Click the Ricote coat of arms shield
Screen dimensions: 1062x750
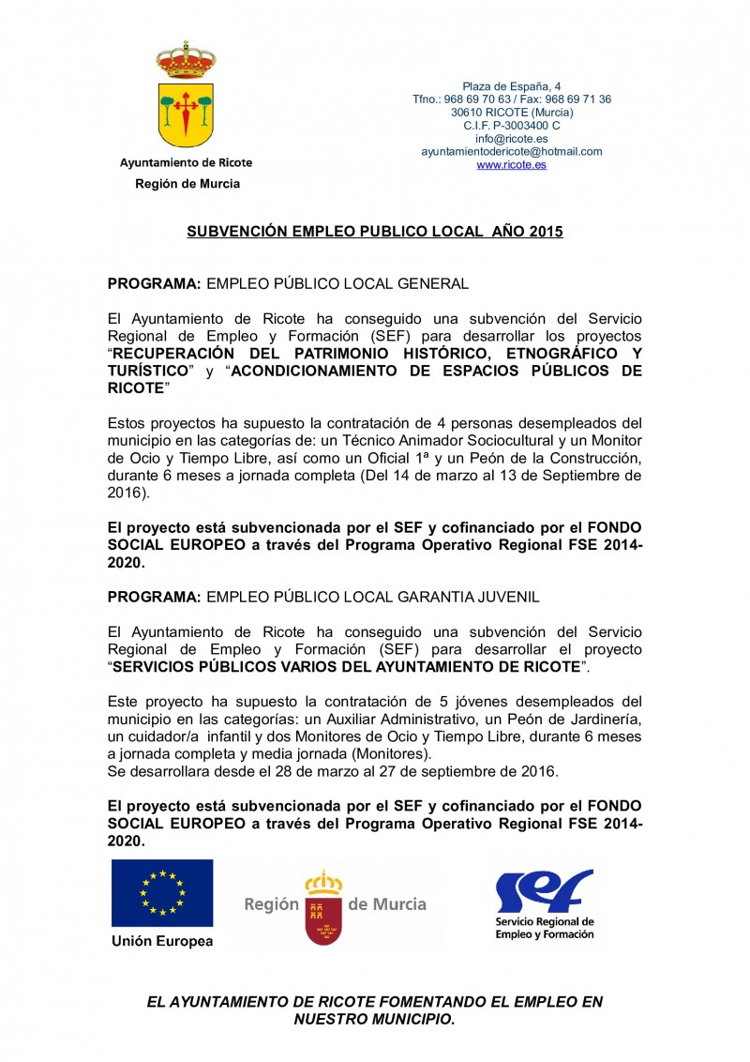pyautogui.click(x=186, y=114)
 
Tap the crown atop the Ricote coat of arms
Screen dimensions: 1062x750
pyautogui.click(x=186, y=61)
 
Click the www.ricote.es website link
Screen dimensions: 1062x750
pyautogui.click(x=511, y=164)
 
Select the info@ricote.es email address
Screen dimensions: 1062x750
pyautogui.click(x=511, y=138)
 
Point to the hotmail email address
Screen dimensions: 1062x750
pyautogui.click(x=511, y=151)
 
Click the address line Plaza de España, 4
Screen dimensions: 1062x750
pyautogui.click(x=512, y=86)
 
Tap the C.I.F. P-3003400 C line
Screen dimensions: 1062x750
pyautogui.click(x=512, y=125)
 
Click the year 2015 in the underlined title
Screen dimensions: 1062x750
pyautogui.click(x=546, y=231)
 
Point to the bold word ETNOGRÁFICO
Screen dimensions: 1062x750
pyautogui.click(x=534, y=354)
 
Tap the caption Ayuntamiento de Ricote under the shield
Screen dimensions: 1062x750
pyautogui.click(x=186, y=162)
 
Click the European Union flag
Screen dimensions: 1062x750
pyautogui.click(x=162, y=892)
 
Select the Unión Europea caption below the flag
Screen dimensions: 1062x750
pyautogui.click(x=162, y=941)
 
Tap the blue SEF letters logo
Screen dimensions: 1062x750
pyautogui.click(x=543, y=891)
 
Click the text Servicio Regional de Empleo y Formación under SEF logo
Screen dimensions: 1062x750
pyautogui.click(x=545, y=928)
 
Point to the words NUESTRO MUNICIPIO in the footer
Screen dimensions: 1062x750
pyautogui.click(x=374, y=1019)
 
